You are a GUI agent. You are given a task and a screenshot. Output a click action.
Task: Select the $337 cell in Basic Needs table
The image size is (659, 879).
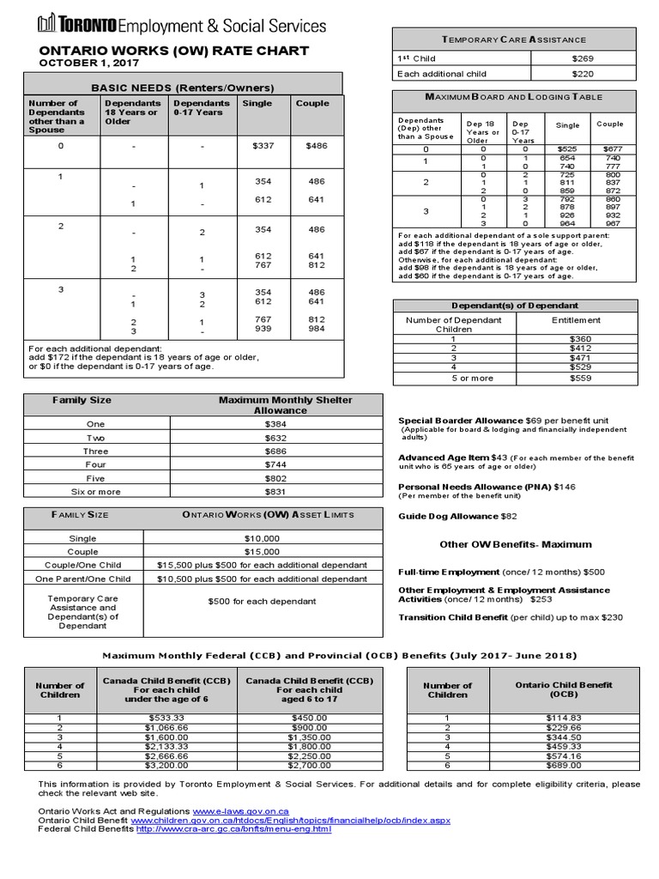point(263,146)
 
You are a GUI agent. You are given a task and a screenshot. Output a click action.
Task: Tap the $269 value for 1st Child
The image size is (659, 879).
point(583,58)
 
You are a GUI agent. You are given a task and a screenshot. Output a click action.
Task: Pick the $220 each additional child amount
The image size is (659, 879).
point(583,74)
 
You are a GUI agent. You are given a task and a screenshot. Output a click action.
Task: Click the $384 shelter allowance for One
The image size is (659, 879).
point(275,424)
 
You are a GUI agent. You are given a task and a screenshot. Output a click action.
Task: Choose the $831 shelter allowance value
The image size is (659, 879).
point(275,492)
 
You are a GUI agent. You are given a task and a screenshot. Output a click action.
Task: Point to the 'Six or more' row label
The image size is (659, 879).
point(96,492)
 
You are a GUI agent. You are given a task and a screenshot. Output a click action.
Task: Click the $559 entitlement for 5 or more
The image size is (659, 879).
point(580,378)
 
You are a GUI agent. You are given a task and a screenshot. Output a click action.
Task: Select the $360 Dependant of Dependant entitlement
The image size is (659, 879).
point(580,339)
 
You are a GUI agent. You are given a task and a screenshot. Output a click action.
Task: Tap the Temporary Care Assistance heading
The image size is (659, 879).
point(514,39)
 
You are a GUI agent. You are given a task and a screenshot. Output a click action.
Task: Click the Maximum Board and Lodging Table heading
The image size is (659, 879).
point(514,98)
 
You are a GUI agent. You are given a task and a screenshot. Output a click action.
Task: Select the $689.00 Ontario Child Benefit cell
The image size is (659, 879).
point(564,765)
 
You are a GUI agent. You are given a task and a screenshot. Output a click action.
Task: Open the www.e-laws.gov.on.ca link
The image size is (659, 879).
point(240,811)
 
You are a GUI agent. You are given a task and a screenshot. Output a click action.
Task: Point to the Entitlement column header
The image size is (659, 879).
point(576,320)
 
